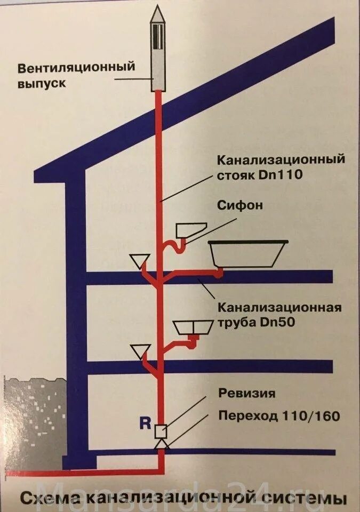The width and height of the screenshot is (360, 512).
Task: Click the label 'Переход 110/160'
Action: (279, 415)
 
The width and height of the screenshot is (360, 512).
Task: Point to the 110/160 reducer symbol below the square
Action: (162, 444)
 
